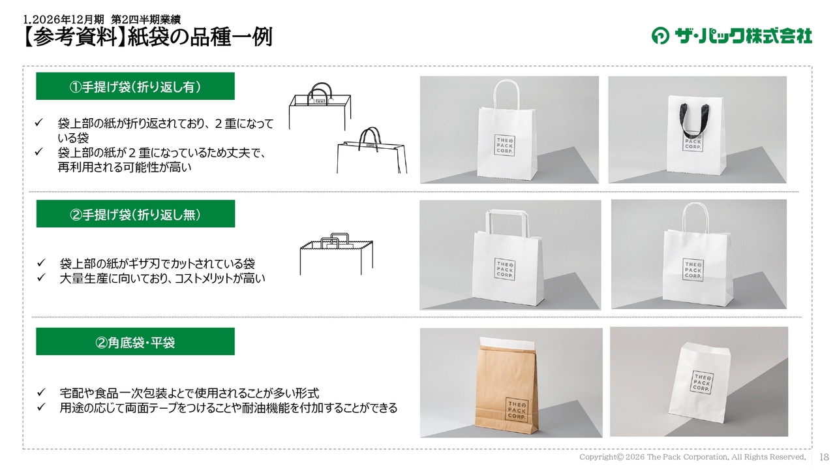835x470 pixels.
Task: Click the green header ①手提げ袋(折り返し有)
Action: (135, 86)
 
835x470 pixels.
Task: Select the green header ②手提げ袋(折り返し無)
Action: (136, 213)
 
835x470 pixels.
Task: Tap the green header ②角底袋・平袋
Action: (135, 341)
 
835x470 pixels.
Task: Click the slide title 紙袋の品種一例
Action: (200, 37)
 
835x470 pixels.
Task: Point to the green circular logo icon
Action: (660, 36)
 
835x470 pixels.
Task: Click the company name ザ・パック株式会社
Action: (744, 36)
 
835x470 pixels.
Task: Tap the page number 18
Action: (824, 457)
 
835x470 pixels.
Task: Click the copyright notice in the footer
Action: (692, 457)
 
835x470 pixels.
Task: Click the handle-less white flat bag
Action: (699, 383)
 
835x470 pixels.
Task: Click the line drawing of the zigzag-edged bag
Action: (336, 255)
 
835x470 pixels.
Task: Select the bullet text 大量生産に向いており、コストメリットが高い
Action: (162, 279)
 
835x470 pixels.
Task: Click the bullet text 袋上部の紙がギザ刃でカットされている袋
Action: (157, 264)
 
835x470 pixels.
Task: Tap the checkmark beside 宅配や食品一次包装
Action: (40, 392)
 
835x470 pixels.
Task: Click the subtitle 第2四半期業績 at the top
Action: (145, 19)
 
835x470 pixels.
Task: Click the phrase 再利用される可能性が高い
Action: (125, 167)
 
